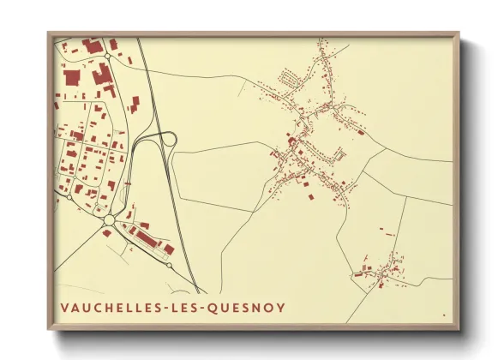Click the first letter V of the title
(64, 308)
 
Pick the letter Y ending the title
(280, 308)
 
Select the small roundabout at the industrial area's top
(105, 56)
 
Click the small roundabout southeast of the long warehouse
(170, 265)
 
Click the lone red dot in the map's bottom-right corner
(444, 315)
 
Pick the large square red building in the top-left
(72, 76)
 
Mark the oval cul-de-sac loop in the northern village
(291, 79)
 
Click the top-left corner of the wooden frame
(48, 33)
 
